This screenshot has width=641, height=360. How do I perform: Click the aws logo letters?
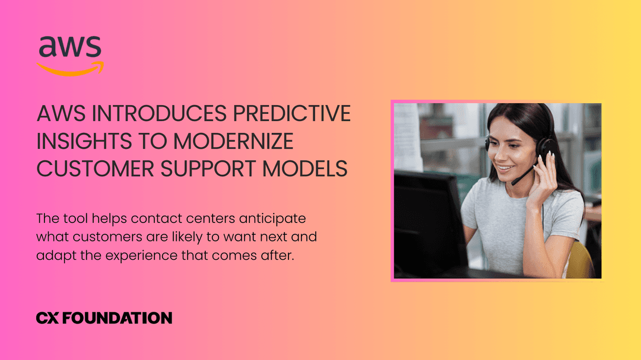pyautogui.click(x=70, y=47)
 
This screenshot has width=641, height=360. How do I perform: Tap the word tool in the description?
pyautogui.click(x=75, y=218)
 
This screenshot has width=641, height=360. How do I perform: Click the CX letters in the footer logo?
pyautogui.click(x=47, y=318)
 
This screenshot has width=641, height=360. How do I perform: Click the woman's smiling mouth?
pyautogui.click(x=504, y=168)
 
